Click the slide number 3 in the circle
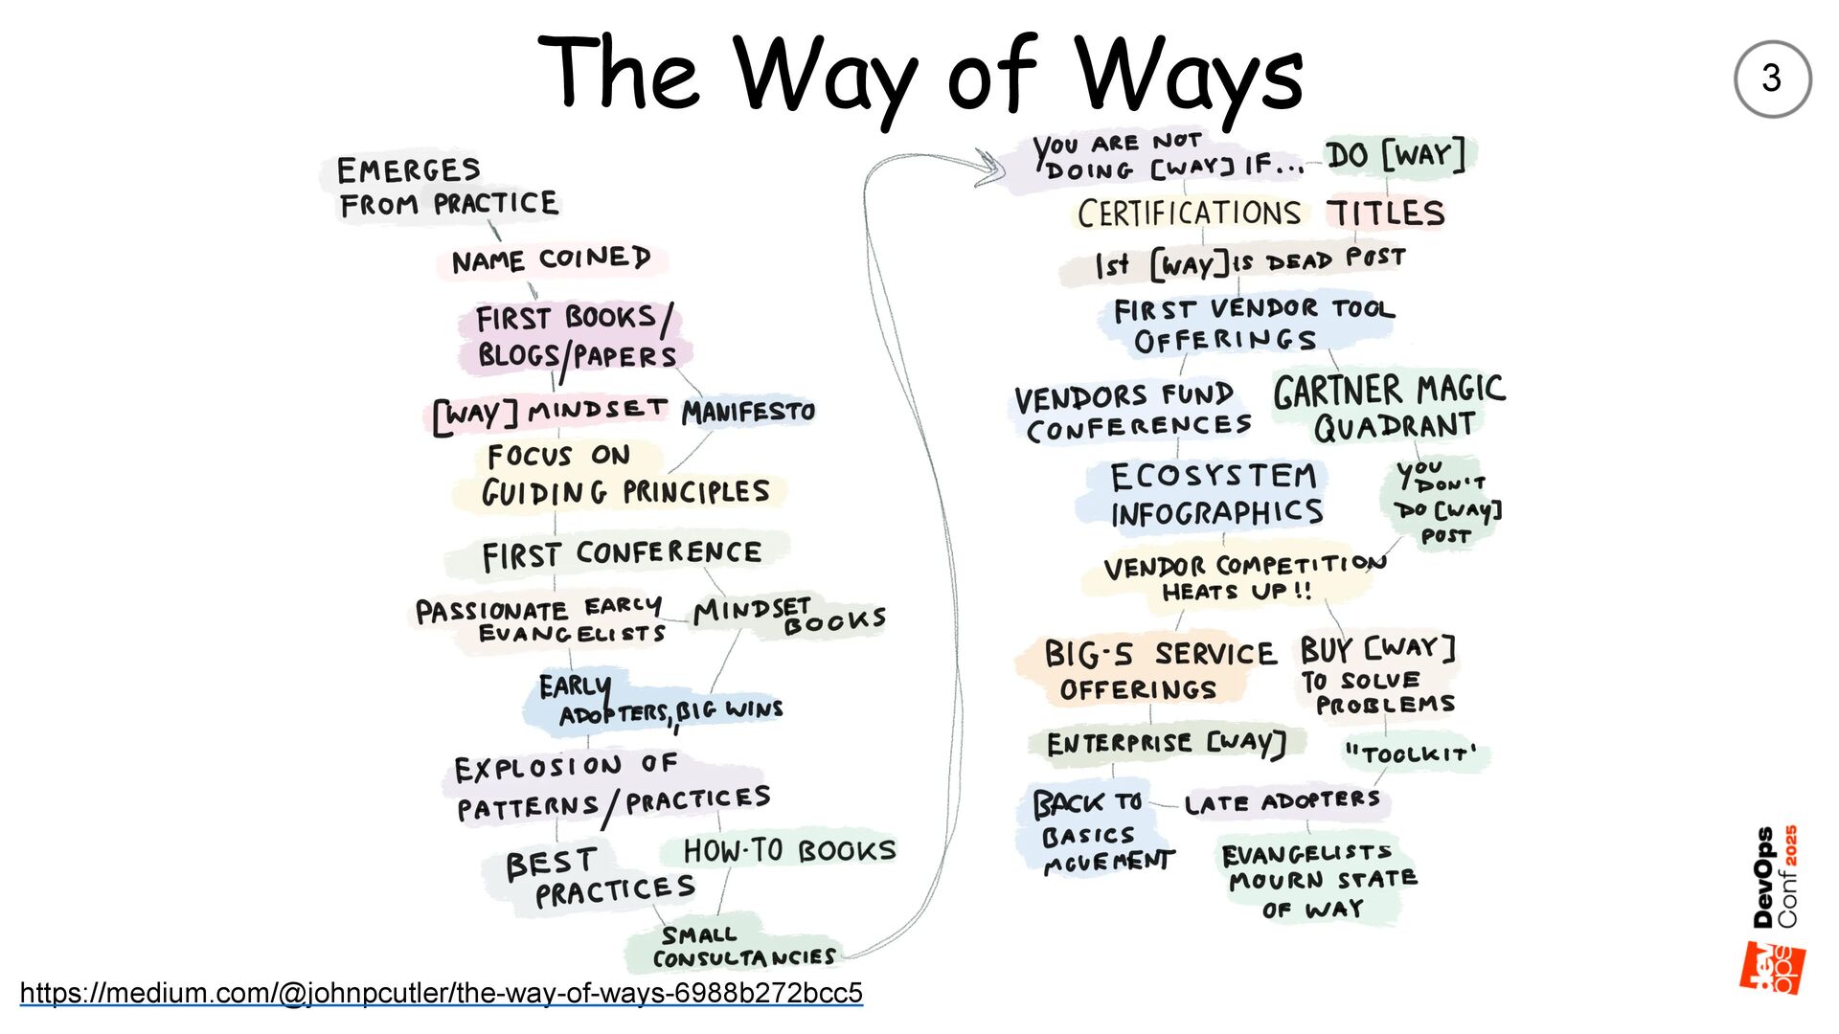coord(1771,79)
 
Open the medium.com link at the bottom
coord(441,993)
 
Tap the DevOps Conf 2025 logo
coord(1774,910)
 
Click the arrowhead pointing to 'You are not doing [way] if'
coord(990,167)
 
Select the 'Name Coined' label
coord(551,259)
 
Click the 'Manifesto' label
coord(748,412)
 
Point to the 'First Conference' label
coord(621,554)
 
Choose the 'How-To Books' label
coord(789,850)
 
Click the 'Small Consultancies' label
coord(743,947)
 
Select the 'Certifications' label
coord(1189,213)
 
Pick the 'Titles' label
coord(1385,213)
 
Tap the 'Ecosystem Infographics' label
coord(1215,494)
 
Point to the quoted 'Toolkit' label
coord(1411,753)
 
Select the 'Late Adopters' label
coord(1282,802)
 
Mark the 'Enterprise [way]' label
coord(1165,743)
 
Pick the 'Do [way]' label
coord(1396,155)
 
